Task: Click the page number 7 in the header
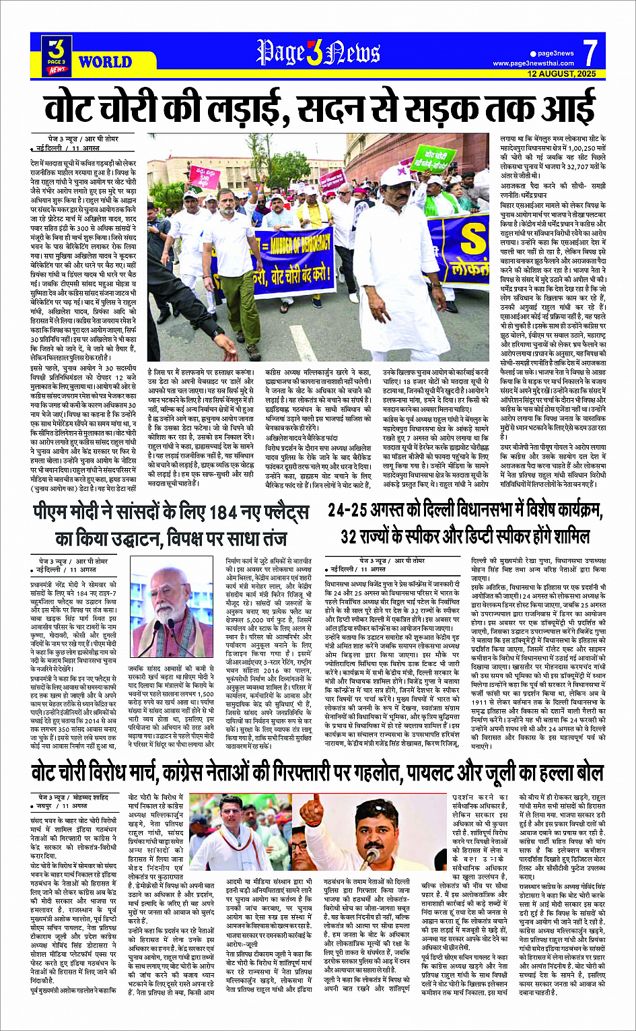click(590, 53)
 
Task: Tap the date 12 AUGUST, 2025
click(562, 73)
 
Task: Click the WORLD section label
click(105, 62)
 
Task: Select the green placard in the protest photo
click(433, 158)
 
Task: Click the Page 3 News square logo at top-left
click(57, 55)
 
